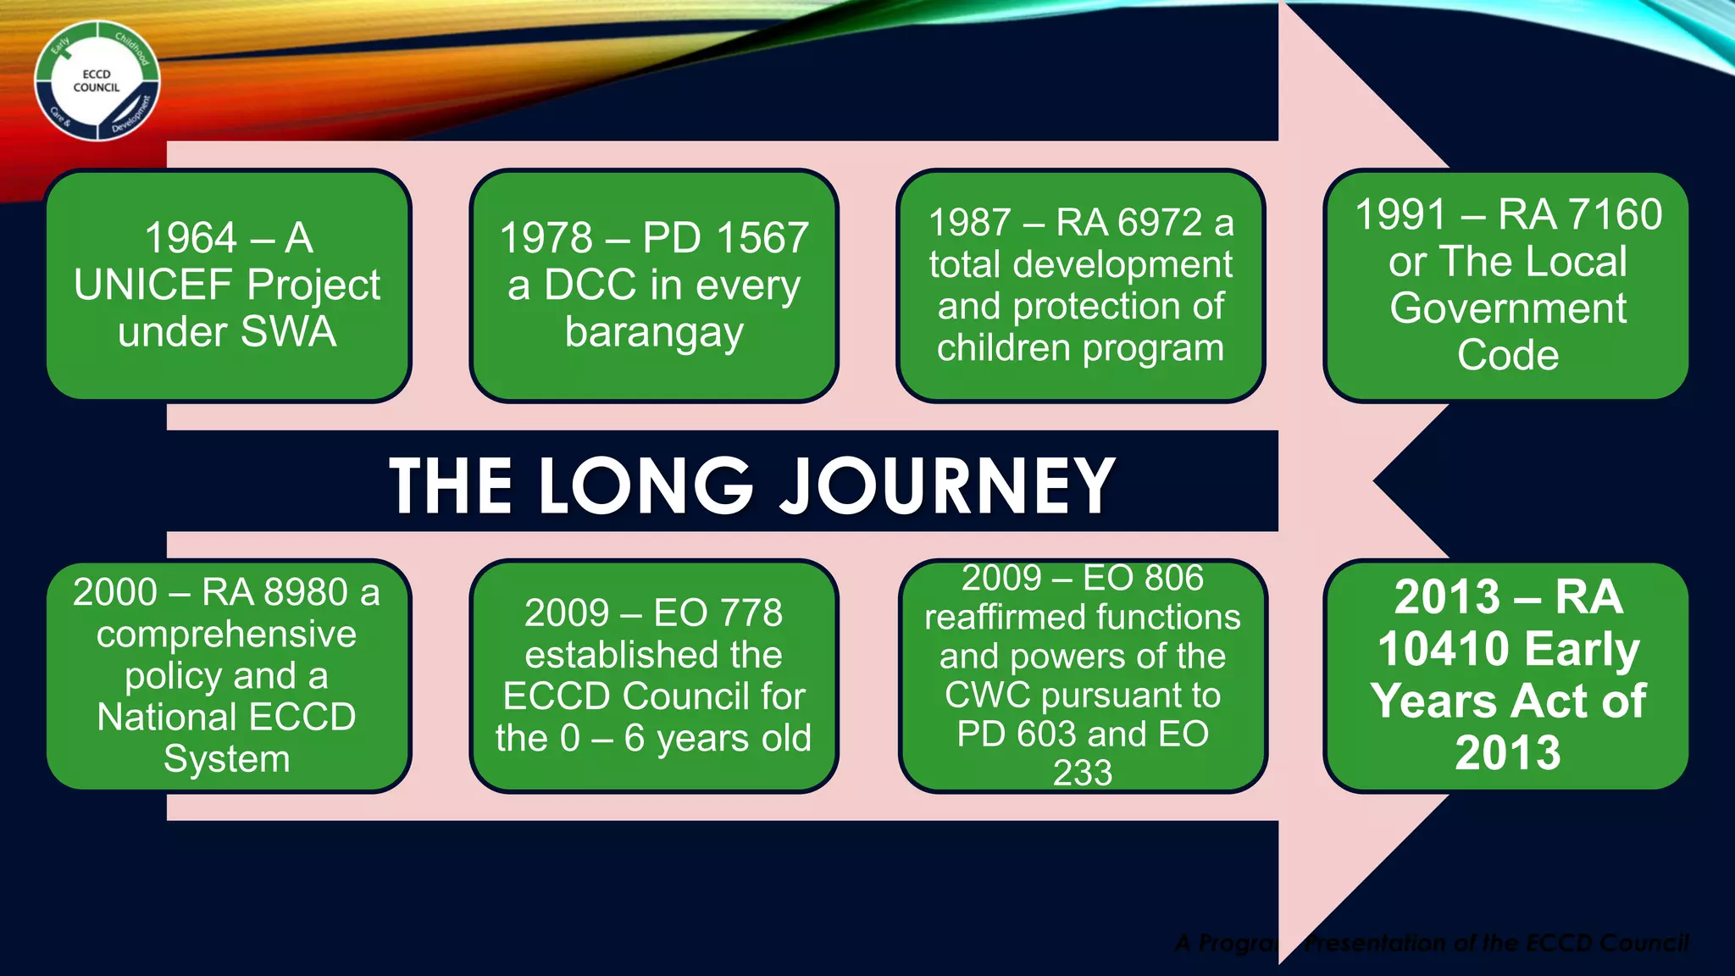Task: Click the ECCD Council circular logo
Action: [x=97, y=81]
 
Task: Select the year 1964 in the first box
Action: [x=190, y=238]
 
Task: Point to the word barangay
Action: [x=653, y=332]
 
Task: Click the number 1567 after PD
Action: [x=763, y=238]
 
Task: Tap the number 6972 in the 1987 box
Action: [x=1160, y=223]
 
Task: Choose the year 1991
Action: [x=1400, y=214]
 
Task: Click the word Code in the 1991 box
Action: [x=1507, y=355]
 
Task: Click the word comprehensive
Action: [x=226, y=634]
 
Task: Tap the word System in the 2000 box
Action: [x=226, y=758]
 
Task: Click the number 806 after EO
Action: [x=1172, y=578]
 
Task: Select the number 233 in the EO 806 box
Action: [x=1082, y=773]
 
